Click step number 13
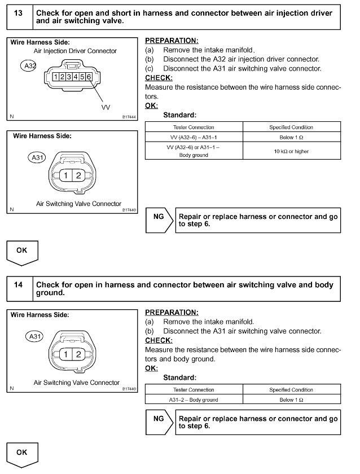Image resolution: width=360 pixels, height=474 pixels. point(19,13)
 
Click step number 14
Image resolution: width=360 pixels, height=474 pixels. point(19,285)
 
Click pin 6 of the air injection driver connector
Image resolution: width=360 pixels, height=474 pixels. point(89,76)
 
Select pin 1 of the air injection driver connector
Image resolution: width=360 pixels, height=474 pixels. point(54,76)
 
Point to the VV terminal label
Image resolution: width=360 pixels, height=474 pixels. point(106,107)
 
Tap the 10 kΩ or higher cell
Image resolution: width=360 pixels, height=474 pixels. point(291,151)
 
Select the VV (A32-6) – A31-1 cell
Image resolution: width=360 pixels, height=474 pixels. point(194,138)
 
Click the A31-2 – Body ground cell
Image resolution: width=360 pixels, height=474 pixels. point(194,400)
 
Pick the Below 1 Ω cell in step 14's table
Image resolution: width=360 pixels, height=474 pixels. point(291,400)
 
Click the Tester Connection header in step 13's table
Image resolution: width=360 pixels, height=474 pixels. point(194,127)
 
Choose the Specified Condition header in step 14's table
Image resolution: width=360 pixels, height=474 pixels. point(291,389)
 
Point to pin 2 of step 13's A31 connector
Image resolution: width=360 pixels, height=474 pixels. point(78,176)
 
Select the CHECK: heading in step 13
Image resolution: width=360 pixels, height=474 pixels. point(159,78)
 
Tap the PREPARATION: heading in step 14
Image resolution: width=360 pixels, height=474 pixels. point(172,312)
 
